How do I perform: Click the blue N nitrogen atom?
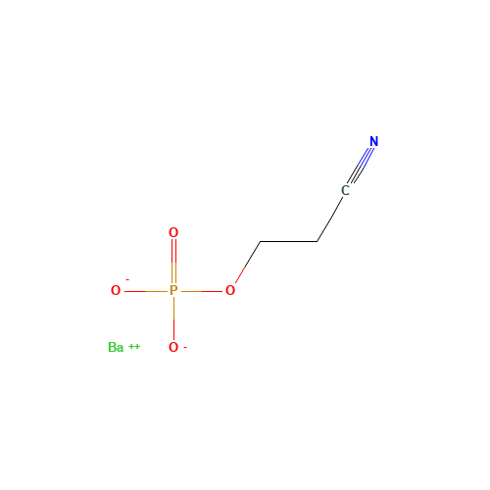click(x=374, y=141)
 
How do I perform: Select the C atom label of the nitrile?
click(x=345, y=190)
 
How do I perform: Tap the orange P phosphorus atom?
click(x=173, y=290)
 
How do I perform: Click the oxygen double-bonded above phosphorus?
click(x=173, y=233)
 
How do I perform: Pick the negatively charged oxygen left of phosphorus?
click(x=116, y=290)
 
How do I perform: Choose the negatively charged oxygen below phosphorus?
click(x=173, y=348)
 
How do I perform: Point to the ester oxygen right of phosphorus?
click(x=230, y=290)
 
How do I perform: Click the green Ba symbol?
click(x=116, y=348)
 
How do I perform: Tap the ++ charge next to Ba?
click(x=134, y=346)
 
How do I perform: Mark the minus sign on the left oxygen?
click(x=127, y=280)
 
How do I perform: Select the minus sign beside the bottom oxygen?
click(x=185, y=347)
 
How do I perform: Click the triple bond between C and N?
click(x=361, y=166)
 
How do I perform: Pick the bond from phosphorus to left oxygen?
click(x=146, y=291)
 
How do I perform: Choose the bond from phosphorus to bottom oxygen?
click(x=173, y=318)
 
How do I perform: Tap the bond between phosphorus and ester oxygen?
click(x=202, y=291)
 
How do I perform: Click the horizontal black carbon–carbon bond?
click(x=289, y=242)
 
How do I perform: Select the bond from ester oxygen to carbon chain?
click(x=248, y=262)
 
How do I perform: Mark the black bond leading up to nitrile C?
click(x=330, y=220)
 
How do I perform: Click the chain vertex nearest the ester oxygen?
click(x=261, y=242)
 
